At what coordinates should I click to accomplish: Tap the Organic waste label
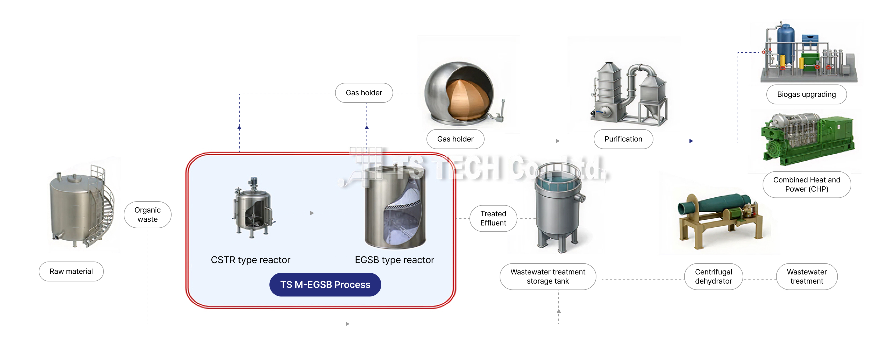[x=148, y=215]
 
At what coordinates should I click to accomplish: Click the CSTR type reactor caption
[x=250, y=260]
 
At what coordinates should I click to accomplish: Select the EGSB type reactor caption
[x=394, y=260]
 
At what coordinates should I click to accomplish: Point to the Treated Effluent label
[x=493, y=218]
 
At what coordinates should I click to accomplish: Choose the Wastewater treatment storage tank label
[x=547, y=276]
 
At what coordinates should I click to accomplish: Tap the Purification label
[x=623, y=139]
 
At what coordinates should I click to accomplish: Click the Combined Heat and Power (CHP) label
[x=806, y=185]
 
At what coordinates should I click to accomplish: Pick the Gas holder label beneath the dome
[x=455, y=139]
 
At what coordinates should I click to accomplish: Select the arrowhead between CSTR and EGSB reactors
[x=312, y=213]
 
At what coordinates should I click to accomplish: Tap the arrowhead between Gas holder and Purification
[x=557, y=141]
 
